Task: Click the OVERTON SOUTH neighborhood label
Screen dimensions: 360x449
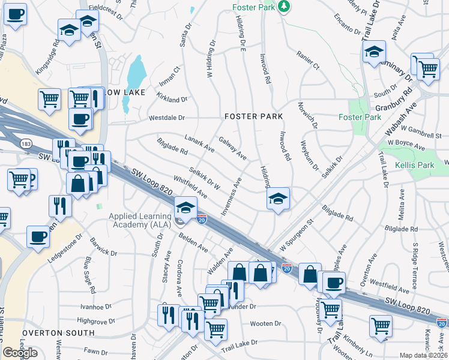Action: click(58, 332)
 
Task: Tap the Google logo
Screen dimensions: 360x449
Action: click(20, 353)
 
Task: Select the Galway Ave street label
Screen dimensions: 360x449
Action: click(232, 148)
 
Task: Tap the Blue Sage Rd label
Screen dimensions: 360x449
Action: click(89, 274)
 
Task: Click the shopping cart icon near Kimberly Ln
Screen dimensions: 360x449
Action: click(381, 326)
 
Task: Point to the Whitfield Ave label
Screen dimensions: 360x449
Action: click(190, 187)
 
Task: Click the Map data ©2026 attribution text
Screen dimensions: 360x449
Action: click(424, 355)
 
